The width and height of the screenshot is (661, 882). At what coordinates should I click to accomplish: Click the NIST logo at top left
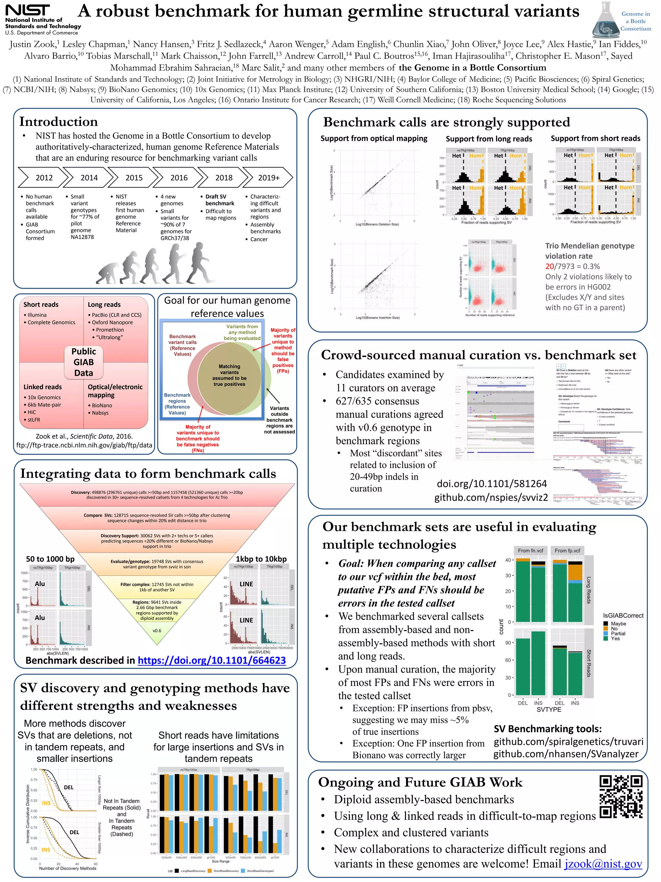[28, 11]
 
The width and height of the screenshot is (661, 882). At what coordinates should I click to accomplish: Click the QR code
[621, 797]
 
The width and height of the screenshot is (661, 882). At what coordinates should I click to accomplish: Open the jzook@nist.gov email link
[603, 864]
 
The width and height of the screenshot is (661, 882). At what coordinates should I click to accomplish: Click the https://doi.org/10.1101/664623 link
[212, 660]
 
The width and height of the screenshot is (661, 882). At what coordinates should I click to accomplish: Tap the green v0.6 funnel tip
[157, 631]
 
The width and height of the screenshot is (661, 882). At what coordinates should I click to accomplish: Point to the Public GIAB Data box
[84, 362]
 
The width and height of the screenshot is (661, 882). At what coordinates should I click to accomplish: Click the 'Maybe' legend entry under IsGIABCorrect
[618, 624]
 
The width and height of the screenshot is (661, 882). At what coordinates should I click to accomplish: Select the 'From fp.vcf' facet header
[567, 551]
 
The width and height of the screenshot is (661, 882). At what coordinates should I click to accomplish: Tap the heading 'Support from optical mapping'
[374, 138]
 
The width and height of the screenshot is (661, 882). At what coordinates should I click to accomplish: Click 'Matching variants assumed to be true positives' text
[229, 375]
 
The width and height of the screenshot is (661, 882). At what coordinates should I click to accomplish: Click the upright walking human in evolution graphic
[201, 263]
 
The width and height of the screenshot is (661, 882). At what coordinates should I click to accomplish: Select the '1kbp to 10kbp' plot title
[261, 559]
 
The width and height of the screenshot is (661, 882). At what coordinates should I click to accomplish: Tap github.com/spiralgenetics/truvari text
[568, 742]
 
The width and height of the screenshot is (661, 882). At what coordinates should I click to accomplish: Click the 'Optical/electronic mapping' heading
[115, 391]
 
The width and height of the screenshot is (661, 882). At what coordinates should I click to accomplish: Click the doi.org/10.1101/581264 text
[492, 484]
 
